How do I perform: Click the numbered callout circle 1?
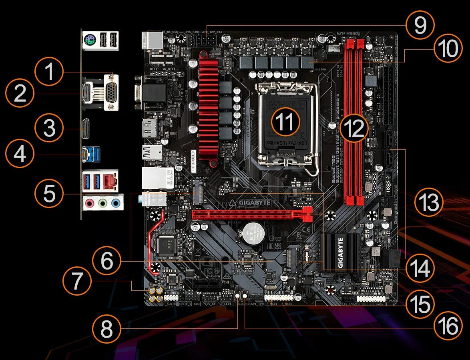49,72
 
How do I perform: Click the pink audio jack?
90,203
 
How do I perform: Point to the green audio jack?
103,203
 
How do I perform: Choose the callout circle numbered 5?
49,194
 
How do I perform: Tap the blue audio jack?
116,203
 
